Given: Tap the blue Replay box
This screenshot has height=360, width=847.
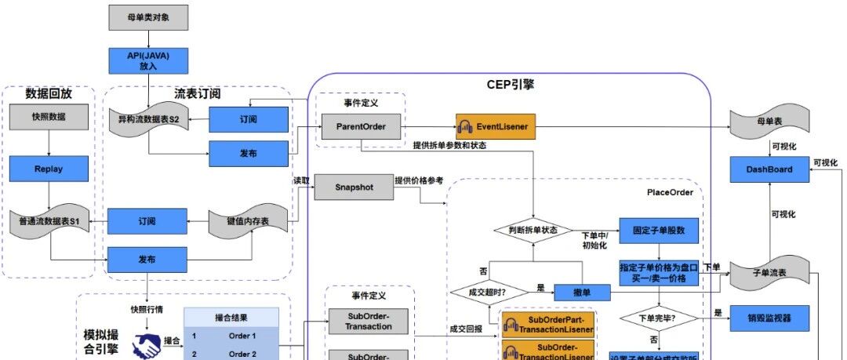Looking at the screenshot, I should (49, 169).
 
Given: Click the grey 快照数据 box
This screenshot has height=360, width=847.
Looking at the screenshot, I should (49, 117).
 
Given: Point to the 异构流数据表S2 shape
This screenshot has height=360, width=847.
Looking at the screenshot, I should (148, 121).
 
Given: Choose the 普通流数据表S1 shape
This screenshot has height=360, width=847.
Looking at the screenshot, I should (49, 222).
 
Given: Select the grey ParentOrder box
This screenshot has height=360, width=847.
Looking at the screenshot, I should (360, 125).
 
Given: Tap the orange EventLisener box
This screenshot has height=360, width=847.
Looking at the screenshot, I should (496, 125).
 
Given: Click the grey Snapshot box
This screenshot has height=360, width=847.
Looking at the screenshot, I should (354, 187).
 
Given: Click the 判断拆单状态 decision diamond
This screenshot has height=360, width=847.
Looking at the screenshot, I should (533, 230).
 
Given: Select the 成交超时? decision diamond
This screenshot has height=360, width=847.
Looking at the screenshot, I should (488, 292).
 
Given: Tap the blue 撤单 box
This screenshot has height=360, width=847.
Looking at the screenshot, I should (581, 292).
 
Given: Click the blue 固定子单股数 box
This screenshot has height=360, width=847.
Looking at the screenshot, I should (659, 231).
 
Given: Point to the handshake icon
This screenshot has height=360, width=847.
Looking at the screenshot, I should (146, 346).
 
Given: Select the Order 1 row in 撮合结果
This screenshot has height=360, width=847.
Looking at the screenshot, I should (231, 336).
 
